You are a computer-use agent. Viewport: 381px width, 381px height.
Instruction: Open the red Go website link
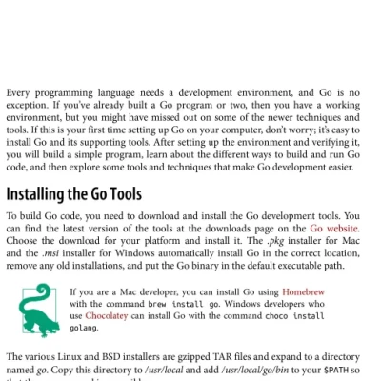point(334,229)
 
